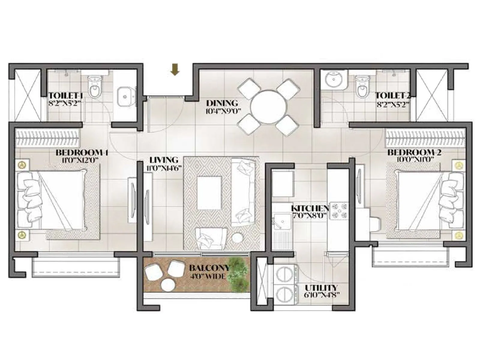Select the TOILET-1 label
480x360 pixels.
66,96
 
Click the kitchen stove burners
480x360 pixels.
339,210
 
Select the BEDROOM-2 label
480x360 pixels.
414,152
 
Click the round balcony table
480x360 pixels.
166,285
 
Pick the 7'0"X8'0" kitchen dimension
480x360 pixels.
309,215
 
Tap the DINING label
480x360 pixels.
222,103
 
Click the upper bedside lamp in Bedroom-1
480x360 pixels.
22,165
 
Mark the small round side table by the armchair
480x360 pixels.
238,238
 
